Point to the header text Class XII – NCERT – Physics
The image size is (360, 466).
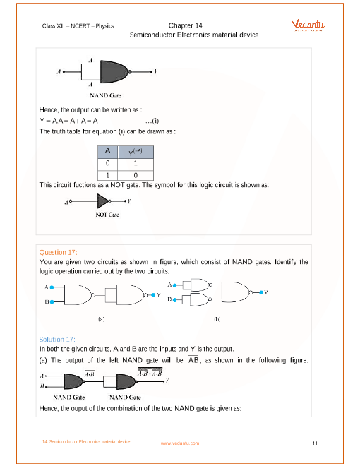click(x=79, y=25)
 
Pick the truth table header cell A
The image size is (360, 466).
click(x=108, y=150)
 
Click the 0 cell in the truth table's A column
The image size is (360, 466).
click(x=108, y=162)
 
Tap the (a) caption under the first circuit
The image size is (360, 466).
click(x=101, y=319)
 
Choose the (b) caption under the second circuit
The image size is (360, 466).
click(x=217, y=319)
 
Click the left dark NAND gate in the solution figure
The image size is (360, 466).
click(x=75, y=381)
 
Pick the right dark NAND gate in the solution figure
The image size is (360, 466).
click(x=131, y=381)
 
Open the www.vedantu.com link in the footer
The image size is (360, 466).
click(x=180, y=443)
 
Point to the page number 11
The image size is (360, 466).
click(x=314, y=443)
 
